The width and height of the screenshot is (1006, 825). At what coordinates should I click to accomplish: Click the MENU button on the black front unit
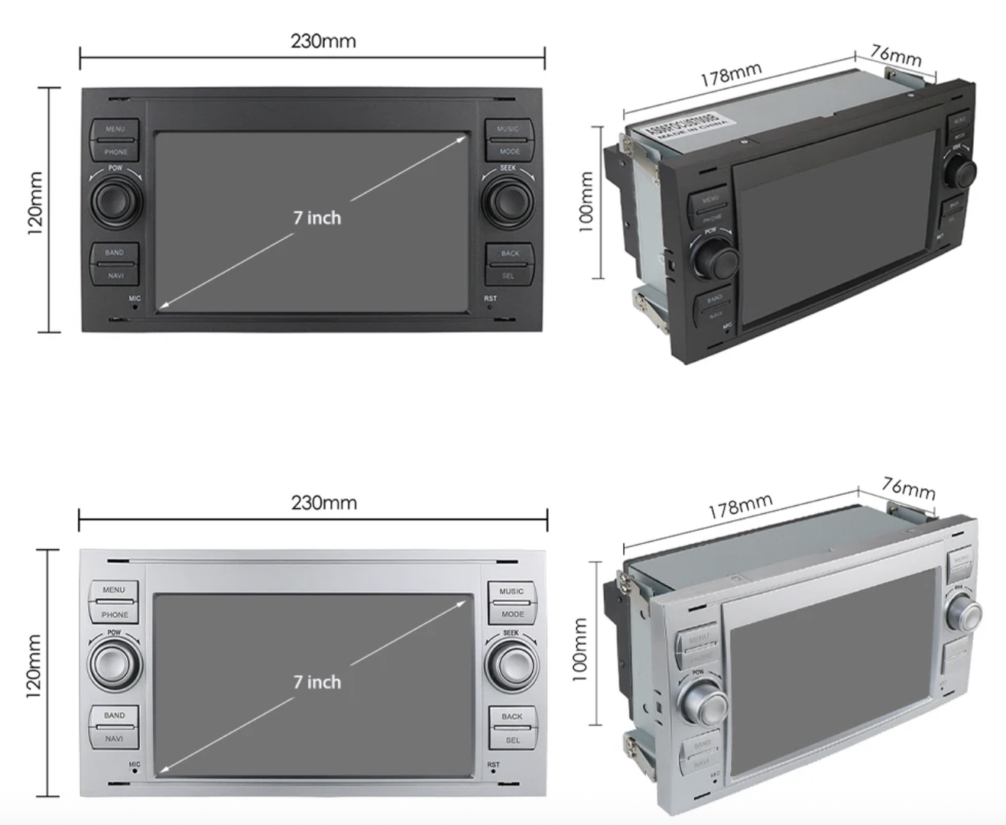point(115,129)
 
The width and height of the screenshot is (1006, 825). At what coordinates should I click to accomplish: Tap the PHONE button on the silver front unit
point(115,614)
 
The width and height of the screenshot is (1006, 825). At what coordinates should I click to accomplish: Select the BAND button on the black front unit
point(115,253)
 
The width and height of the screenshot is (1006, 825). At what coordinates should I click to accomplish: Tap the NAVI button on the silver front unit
point(115,739)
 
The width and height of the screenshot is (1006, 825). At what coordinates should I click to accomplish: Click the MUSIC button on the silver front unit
point(511,591)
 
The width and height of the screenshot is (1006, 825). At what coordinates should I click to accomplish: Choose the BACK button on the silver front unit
point(512,717)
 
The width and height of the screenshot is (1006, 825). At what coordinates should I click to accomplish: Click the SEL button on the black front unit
point(509,276)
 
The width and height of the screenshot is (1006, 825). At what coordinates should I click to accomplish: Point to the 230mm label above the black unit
point(323,40)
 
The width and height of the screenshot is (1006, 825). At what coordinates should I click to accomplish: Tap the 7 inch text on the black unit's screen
point(317,218)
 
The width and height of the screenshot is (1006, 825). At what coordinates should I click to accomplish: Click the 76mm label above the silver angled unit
point(908,487)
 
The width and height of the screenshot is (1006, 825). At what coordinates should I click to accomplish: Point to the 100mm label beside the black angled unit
point(586,201)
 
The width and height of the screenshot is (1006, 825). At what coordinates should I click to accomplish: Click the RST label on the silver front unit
point(493,765)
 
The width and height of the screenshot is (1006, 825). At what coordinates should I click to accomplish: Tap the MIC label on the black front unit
point(135,299)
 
